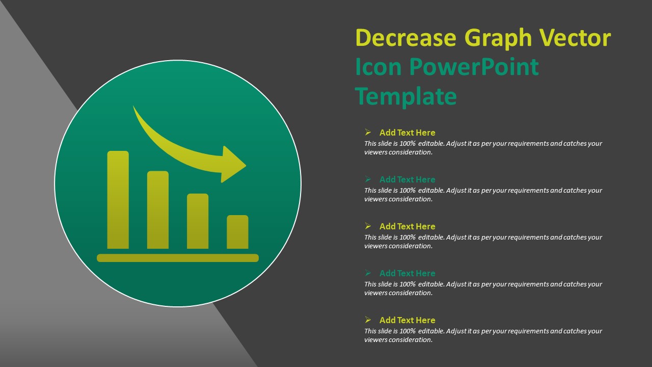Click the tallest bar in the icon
[x=118, y=200]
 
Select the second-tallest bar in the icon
[x=158, y=209]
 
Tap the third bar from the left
[x=198, y=221]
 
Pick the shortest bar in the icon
[x=237, y=232]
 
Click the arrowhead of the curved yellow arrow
[x=233, y=165]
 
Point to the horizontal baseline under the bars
[x=178, y=258]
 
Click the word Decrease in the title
[x=405, y=38]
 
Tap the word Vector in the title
[x=575, y=38]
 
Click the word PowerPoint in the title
[x=474, y=67]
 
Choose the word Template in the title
[x=405, y=96]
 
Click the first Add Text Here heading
[x=407, y=133]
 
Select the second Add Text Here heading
[x=407, y=179]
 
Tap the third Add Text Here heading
[x=407, y=226]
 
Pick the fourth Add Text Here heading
[x=407, y=273]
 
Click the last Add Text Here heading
[x=407, y=320]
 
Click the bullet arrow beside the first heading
[x=368, y=133]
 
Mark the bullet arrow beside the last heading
[x=368, y=320]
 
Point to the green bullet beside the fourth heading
[x=368, y=273]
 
